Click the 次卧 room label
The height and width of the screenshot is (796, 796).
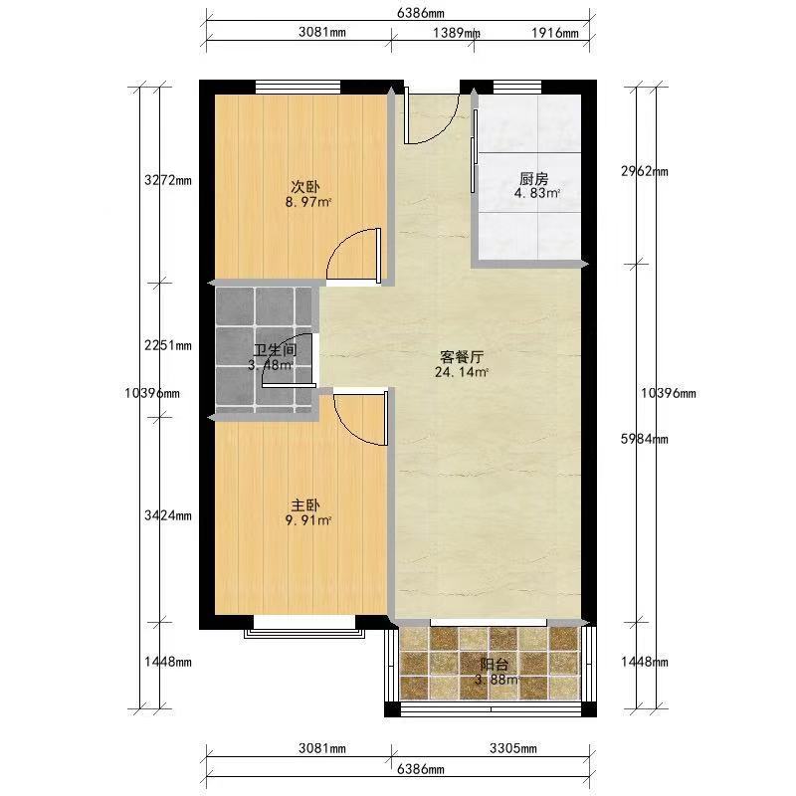[x=305, y=186]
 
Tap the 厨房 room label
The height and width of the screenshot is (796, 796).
[x=534, y=179]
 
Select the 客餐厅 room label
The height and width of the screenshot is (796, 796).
[x=462, y=357]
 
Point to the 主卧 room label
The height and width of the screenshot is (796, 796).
[x=305, y=505]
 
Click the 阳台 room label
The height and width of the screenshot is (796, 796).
[x=495, y=665]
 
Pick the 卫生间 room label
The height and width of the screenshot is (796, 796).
[x=276, y=350]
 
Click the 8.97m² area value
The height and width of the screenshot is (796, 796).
[x=308, y=202]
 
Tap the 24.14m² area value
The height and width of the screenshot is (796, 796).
[x=462, y=372]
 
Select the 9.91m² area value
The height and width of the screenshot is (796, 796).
[x=308, y=520]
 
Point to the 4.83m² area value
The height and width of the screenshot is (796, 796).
[x=537, y=193]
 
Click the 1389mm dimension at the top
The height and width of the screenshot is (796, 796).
[x=457, y=33]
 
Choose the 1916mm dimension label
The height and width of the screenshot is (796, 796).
[x=555, y=33]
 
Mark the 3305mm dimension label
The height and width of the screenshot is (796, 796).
[x=513, y=748]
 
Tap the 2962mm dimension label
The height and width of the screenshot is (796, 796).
[x=644, y=171]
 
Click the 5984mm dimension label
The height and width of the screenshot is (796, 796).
[x=644, y=439]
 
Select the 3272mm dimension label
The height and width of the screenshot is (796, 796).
[x=168, y=180]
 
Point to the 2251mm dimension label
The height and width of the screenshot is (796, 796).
[x=168, y=345]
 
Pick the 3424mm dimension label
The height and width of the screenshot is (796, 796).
[x=168, y=515]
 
